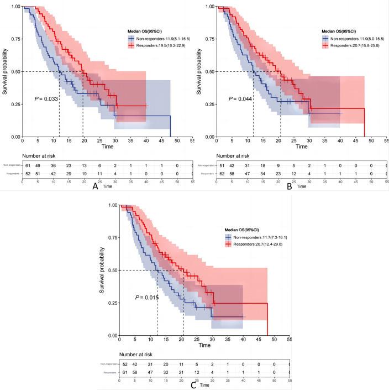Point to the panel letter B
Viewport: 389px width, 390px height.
tap(288, 186)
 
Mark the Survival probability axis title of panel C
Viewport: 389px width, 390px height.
tap(102, 270)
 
